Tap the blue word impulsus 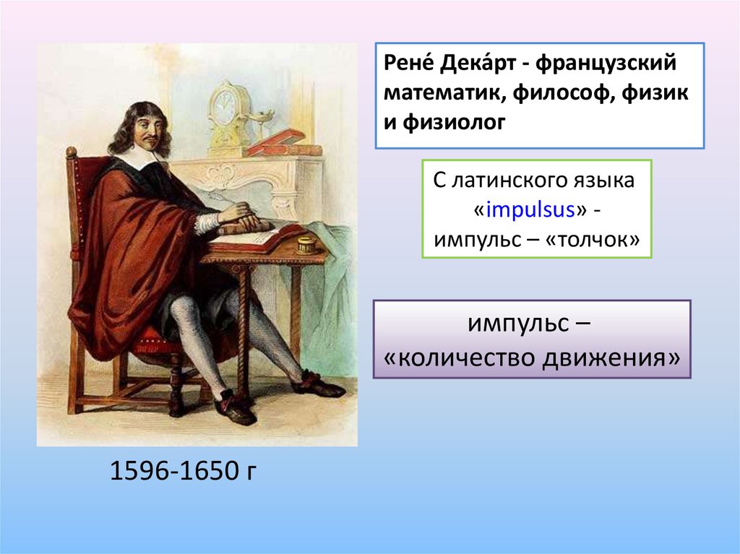[x=530, y=209]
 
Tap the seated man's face [x=147, y=131]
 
